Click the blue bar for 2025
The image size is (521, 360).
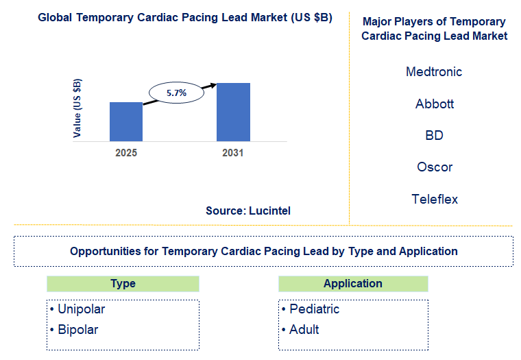(126, 121)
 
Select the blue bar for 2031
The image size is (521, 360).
(233, 112)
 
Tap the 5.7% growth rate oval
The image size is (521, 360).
(176, 91)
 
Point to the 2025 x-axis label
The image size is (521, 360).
(126, 153)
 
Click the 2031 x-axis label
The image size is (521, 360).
(233, 153)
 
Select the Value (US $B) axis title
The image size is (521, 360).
(77, 108)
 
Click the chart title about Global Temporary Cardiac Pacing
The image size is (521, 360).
(185, 18)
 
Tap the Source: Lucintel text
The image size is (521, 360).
(248, 211)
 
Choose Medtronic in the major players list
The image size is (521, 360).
(434, 72)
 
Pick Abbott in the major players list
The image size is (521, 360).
(434, 104)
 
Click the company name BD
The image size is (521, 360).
(434, 136)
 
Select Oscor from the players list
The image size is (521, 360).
(434, 167)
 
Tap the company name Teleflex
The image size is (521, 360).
(434, 200)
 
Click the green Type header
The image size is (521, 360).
(123, 284)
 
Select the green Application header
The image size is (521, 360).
(353, 284)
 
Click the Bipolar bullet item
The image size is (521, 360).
(77, 330)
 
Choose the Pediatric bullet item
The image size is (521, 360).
(314, 309)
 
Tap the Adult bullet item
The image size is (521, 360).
(304, 330)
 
